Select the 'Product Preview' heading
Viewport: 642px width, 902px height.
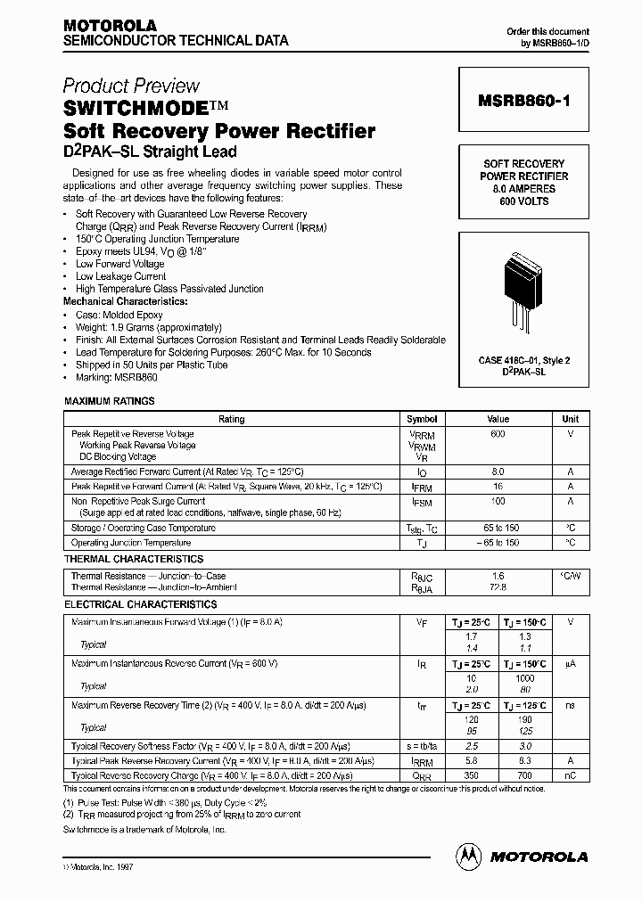[131, 86]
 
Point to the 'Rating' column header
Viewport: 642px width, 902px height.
[232, 419]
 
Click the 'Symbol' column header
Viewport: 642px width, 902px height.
[422, 419]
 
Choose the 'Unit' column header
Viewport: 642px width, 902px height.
[571, 419]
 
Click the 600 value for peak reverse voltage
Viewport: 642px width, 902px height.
[498, 433]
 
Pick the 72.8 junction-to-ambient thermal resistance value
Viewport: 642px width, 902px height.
[498, 588]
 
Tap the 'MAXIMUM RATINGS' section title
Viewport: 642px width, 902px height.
[110, 402]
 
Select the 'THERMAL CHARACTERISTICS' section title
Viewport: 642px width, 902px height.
[133, 559]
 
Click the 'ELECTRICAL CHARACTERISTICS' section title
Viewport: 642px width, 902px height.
[140, 604]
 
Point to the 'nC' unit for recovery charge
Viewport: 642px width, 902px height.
[571, 775]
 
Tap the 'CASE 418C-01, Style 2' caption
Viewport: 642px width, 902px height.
[523, 360]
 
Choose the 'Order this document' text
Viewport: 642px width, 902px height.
[548, 31]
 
